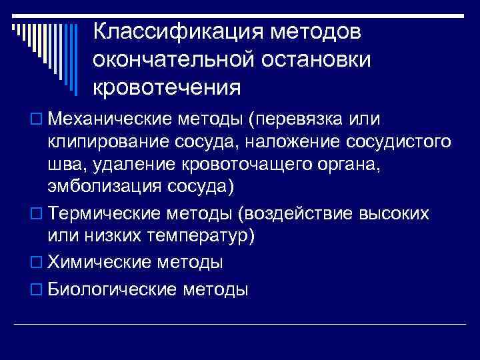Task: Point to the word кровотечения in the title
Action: pyautogui.click(x=167, y=87)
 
